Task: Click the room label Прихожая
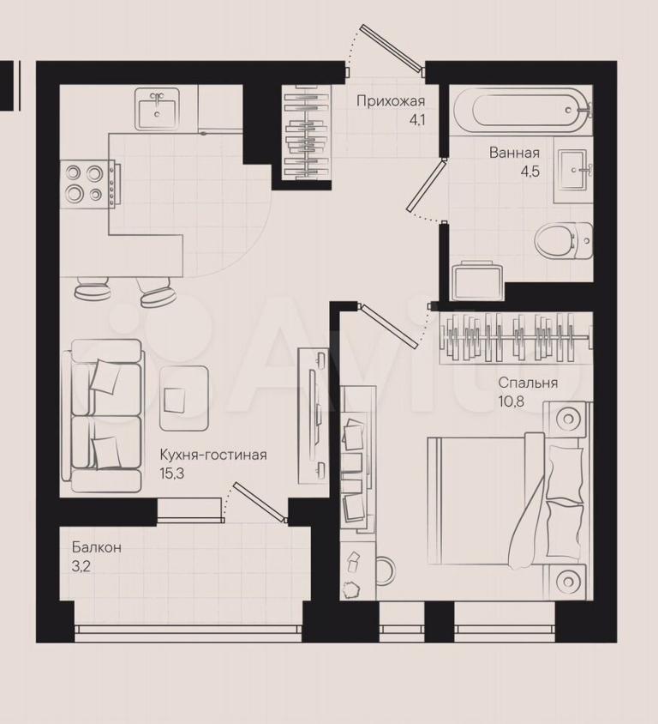coord(391,101)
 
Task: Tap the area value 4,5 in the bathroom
coord(529,172)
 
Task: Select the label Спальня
coord(528,383)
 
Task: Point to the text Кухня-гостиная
coord(213,455)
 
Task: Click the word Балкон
coord(97,547)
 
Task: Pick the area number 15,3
coord(171,474)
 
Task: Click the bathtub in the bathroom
coord(521,110)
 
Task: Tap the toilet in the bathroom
coord(564,241)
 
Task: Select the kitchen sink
coord(157,109)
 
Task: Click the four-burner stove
coord(90,184)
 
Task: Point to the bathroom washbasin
coord(573,170)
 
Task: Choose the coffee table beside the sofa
coord(184,398)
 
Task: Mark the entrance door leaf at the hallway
coord(393,50)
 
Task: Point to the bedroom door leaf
coord(390,325)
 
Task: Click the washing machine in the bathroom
coord(478,281)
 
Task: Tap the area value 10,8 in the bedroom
coord(511,401)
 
